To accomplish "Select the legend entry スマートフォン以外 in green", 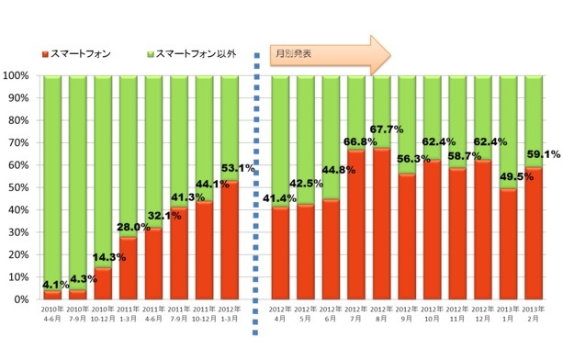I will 193,54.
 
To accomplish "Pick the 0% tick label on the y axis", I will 21,299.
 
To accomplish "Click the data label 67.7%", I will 387,129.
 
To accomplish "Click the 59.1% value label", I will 540,154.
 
